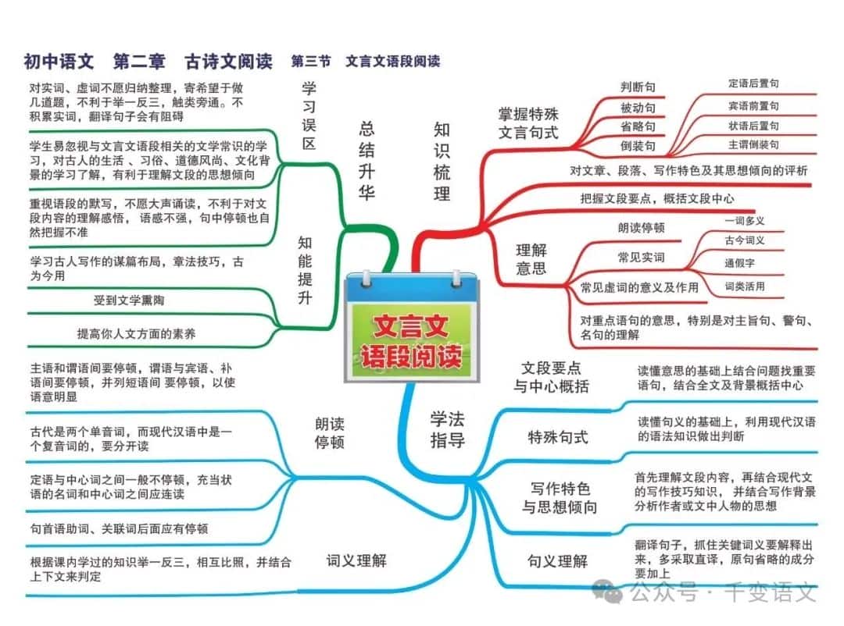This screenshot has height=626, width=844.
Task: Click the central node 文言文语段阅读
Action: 412,342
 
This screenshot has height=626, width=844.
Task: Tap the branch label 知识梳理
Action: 442,162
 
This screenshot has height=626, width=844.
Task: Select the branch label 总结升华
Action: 367,161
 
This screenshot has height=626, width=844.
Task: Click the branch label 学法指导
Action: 447,430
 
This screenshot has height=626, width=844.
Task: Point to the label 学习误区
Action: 309,116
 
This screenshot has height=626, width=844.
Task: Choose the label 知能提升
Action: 305,270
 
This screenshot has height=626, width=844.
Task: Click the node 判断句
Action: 638,87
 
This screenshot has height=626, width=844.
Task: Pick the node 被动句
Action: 638,108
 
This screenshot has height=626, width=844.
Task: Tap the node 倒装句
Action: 638,146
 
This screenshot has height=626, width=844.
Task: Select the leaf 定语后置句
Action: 753,84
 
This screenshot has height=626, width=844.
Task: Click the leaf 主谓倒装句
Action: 753,144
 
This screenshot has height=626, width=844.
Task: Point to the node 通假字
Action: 739,263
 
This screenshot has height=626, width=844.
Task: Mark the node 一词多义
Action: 745,220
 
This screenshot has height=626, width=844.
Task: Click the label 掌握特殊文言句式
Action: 528,123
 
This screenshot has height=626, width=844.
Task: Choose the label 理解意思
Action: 531,258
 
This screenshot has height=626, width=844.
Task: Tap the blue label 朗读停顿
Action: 330,433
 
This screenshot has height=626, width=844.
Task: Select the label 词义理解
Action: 356,561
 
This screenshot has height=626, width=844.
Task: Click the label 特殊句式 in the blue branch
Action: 558,437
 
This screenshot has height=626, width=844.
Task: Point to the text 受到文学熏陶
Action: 129,300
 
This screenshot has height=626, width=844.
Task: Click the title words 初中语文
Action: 59,62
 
